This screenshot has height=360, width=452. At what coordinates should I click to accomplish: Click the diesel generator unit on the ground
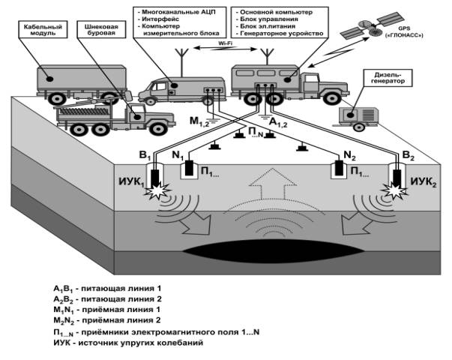(357, 114)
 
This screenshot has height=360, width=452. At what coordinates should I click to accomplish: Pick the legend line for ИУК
(123, 343)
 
